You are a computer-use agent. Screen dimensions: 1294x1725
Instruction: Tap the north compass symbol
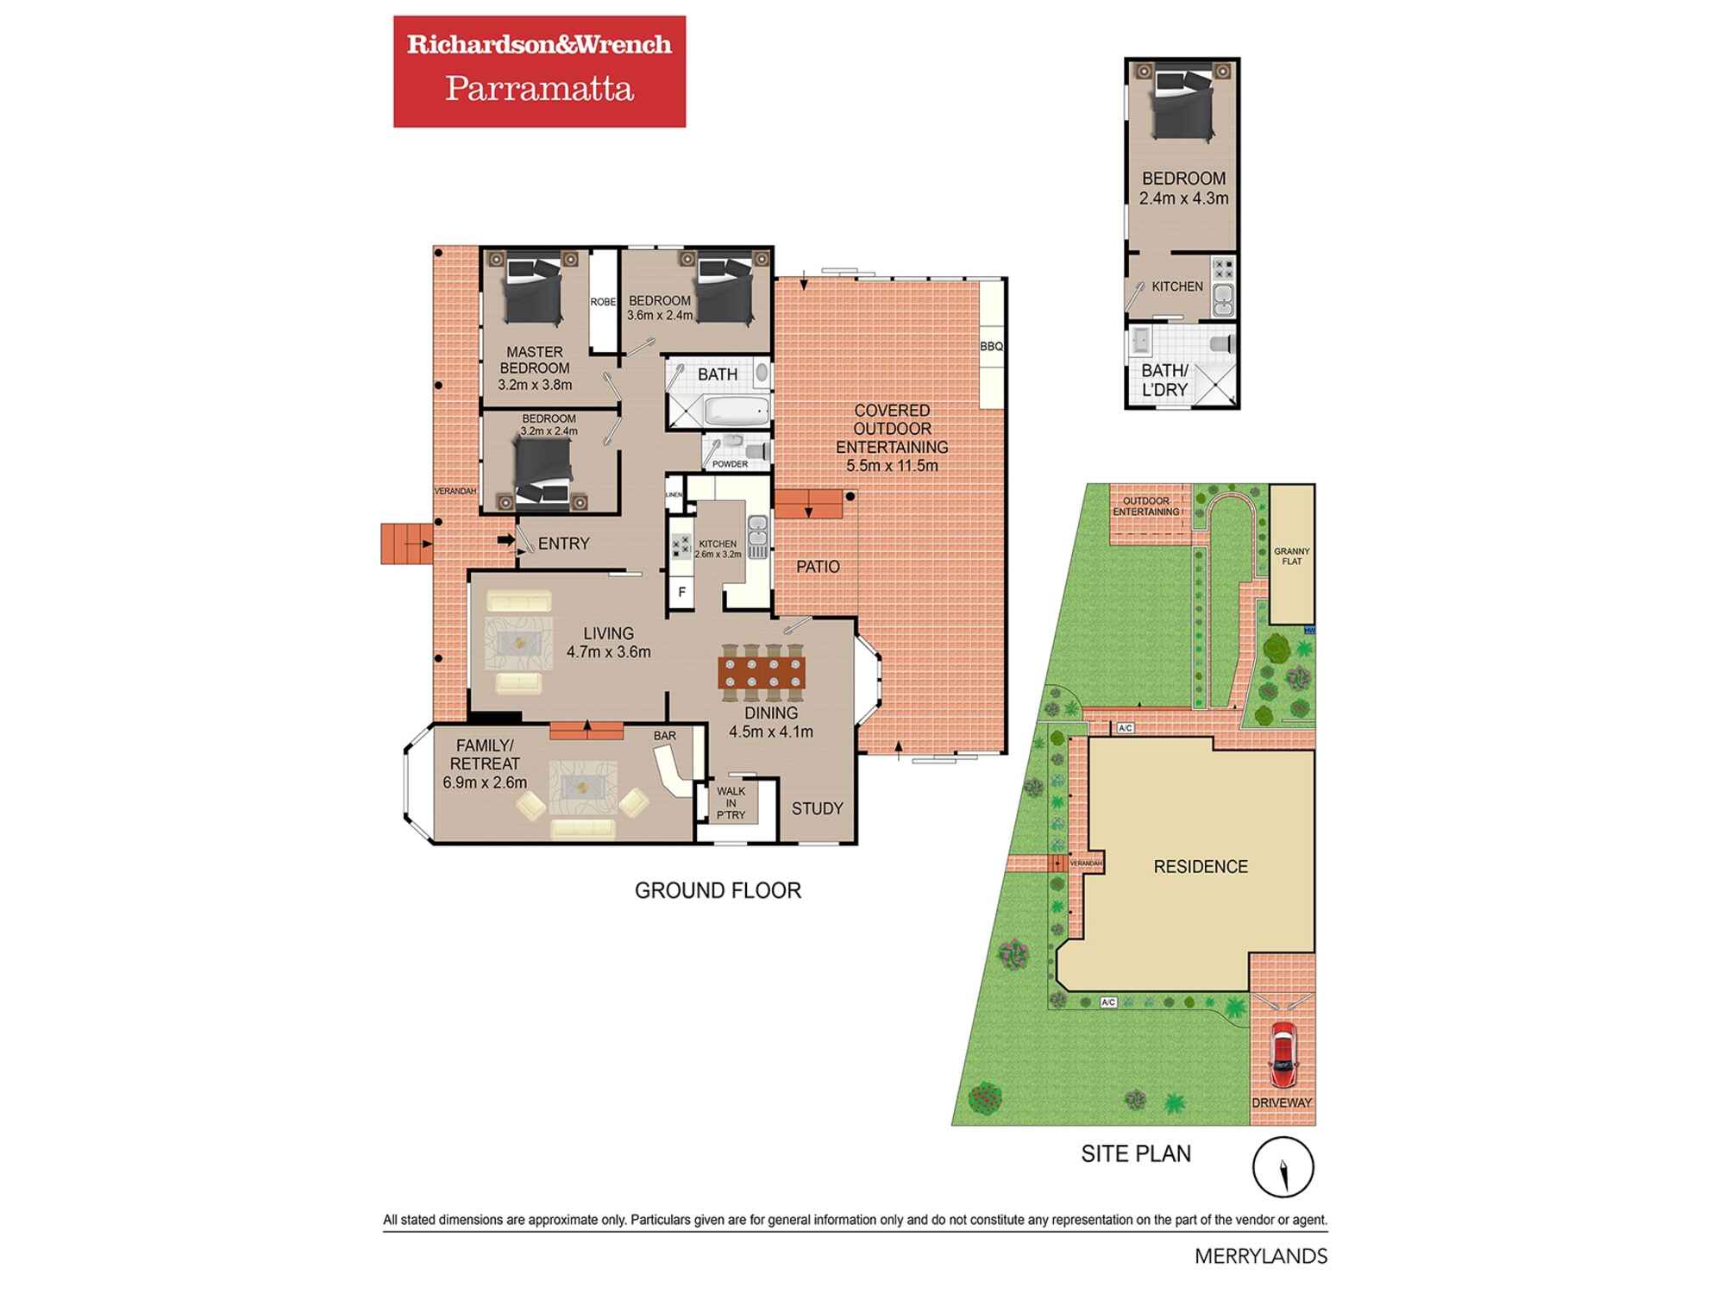coord(1283,1168)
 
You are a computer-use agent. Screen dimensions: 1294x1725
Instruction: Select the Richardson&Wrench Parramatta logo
coord(539,72)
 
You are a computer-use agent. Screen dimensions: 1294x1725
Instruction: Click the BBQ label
coord(991,347)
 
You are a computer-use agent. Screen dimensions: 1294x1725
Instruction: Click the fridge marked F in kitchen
coord(682,593)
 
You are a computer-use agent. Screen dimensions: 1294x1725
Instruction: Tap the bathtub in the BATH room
coord(736,411)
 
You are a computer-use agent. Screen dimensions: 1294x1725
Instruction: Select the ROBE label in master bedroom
coord(603,302)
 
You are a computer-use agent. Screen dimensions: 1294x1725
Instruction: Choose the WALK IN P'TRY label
coord(731,802)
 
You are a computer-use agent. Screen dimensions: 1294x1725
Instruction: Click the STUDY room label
coord(817,808)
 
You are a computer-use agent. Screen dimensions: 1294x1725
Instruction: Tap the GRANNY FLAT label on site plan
coord(1291,556)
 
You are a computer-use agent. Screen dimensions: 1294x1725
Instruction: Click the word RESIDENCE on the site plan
coord(1200,866)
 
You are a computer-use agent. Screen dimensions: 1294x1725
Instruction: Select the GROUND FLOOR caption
coord(718,890)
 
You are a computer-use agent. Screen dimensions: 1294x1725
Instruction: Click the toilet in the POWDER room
coord(756,449)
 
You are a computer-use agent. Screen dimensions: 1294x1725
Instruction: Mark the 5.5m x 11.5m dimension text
coord(892,466)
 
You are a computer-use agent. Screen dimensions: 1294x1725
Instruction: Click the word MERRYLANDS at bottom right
coord(1260,1256)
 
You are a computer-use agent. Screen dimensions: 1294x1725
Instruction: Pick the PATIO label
coord(817,567)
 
